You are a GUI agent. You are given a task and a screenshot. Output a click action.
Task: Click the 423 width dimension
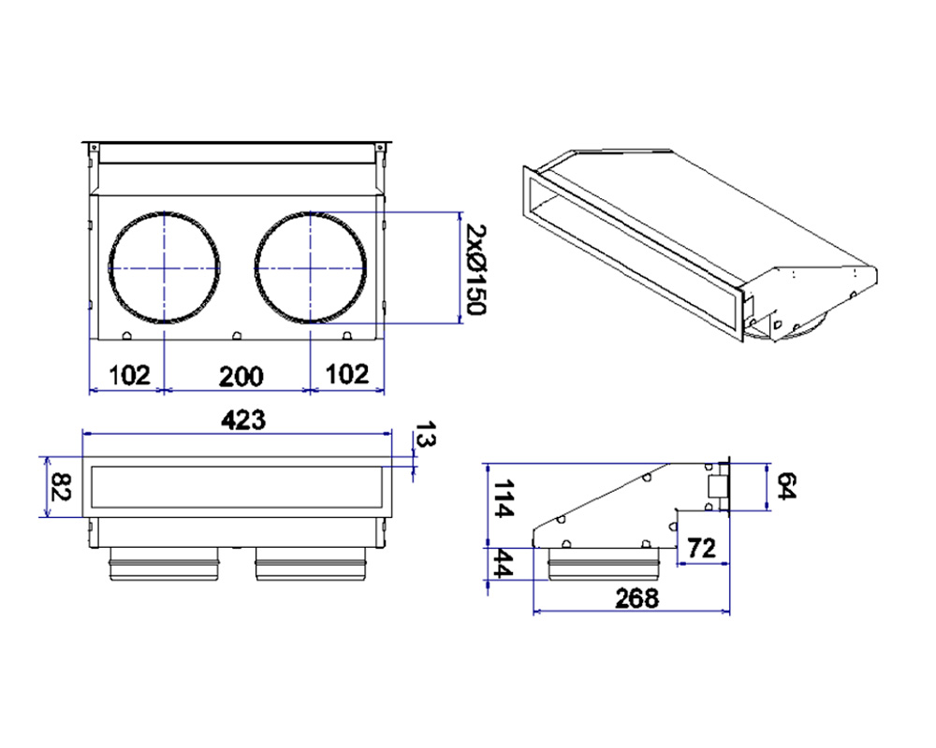(x=243, y=420)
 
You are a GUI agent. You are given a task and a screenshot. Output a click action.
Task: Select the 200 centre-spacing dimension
(x=241, y=377)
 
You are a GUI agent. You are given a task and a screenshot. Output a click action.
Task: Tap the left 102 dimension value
(x=129, y=375)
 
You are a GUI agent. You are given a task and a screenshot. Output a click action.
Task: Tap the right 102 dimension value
(x=347, y=374)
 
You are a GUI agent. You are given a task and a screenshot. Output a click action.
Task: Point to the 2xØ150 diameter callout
(x=476, y=269)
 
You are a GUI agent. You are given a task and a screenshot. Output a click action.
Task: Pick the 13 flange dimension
(x=425, y=434)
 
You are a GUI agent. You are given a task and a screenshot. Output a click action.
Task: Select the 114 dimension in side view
(x=502, y=498)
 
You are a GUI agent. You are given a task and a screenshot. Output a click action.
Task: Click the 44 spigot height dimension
(x=502, y=564)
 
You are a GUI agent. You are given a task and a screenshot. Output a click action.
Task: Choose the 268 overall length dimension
(x=636, y=597)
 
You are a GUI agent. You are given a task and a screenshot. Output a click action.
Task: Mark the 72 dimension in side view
(x=701, y=548)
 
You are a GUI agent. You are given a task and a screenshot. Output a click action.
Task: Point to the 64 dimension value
(x=787, y=485)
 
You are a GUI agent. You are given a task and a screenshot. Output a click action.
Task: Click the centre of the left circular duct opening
(x=164, y=267)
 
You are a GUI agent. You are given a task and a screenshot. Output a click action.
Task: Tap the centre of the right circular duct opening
(x=311, y=267)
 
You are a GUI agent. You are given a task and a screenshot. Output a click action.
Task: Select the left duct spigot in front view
(x=164, y=564)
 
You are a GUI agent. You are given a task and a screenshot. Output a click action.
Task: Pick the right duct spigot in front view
(x=311, y=564)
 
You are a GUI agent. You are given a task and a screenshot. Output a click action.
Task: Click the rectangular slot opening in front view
(x=237, y=487)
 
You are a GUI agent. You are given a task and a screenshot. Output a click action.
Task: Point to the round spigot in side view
(x=604, y=564)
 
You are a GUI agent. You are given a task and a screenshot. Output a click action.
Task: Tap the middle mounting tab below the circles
(x=237, y=336)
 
